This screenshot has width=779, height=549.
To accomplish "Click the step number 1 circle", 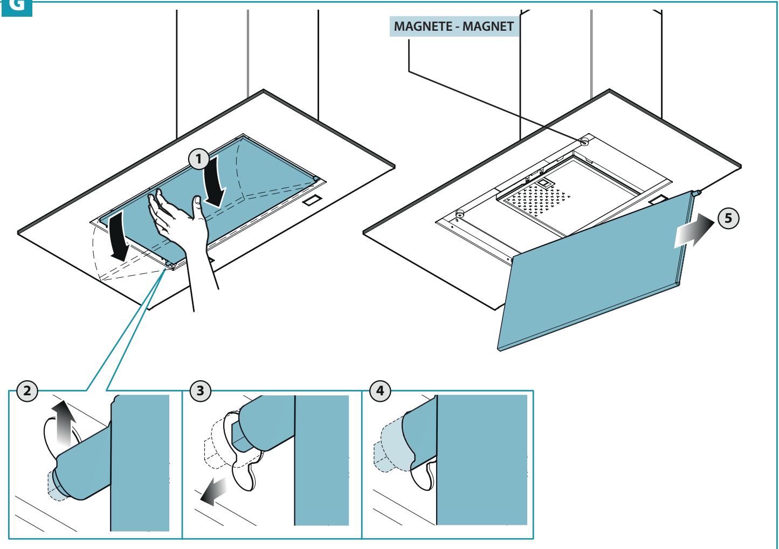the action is pyautogui.click(x=198, y=159).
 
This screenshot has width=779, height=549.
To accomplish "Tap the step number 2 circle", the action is pyautogui.click(x=27, y=390).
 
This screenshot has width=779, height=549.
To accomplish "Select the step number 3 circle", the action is pyautogui.click(x=201, y=390).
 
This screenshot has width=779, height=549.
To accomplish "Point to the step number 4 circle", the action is pyautogui.click(x=380, y=390).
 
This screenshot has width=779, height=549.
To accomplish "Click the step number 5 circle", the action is pyautogui.click(x=728, y=218).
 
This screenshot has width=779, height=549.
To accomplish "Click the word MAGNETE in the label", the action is pyautogui.click(x=423, y=26).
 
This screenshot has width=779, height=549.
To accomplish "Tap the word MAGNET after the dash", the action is pyautogui.click(x=488, y=26).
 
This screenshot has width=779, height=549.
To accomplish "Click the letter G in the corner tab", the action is pyautogui.click(x=16, y=5).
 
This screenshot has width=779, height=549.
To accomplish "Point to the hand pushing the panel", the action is pyautogui.click(x=181, y=226).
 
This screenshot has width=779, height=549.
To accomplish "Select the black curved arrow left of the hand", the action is pyautogui.click(x=119, y=237).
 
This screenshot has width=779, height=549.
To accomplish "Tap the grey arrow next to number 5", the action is pyautogui.click(x=694, y=231).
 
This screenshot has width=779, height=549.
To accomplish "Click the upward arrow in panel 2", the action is pyautogui.click(x=64, y=423).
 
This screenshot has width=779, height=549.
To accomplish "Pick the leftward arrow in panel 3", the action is pyautogui.click(x=213, y=492).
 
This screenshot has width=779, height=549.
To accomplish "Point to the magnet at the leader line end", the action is pyautogui.click(x=584, y=142).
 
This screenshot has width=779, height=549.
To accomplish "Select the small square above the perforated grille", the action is pyautogui.click(x=543, y=182).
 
